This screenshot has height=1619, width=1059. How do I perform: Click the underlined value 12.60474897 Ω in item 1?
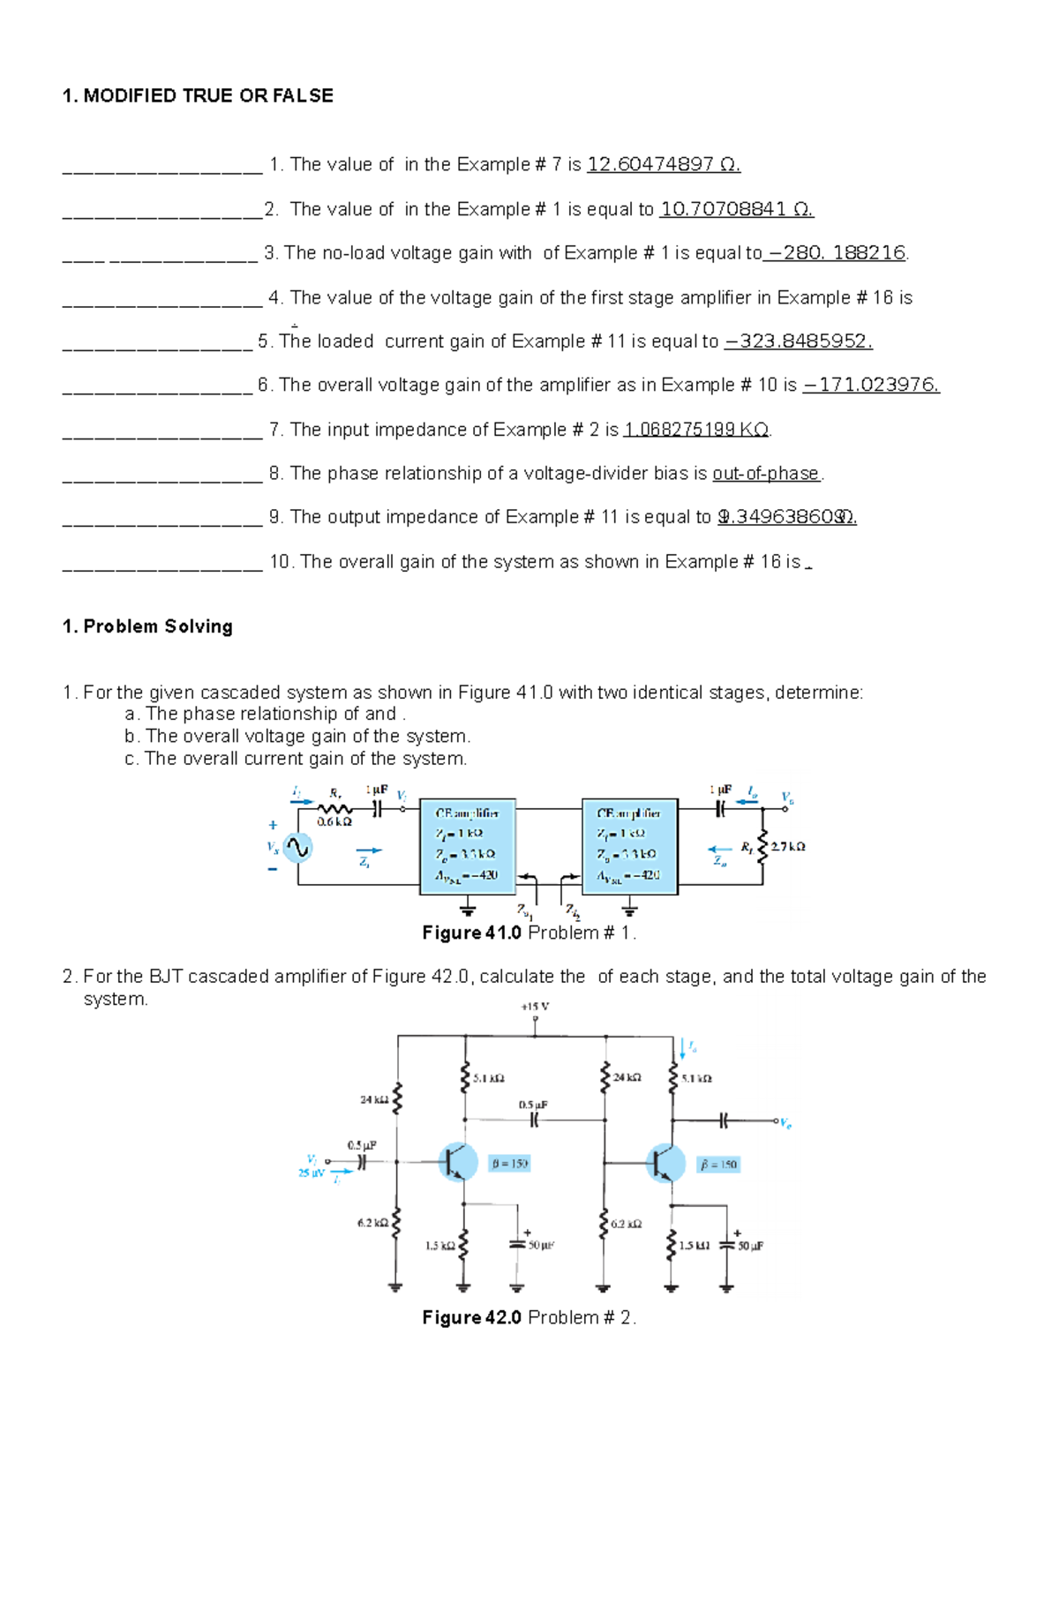click(664, 164)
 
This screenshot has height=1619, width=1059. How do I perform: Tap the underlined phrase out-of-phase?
click(766, 474)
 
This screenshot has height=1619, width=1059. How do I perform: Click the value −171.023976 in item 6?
click(871, 386)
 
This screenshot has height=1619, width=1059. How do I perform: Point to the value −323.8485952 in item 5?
click(799, 341)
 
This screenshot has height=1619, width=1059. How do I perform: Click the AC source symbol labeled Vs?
click(297, 848)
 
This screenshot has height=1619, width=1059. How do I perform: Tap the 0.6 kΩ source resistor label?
click(334, 822)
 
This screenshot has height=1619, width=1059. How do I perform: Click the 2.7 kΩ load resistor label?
click(788, 846)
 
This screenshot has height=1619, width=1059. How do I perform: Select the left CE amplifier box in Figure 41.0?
click(467, 846)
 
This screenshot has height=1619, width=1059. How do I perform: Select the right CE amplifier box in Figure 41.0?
click(629, 846)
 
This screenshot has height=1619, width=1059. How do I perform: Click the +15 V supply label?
click(535, 1006)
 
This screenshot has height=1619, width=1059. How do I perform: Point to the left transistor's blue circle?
click(458, 1162)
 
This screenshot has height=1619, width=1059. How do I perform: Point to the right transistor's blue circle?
click(665, 1163)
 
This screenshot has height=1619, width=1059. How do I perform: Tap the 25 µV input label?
click(311, 1173)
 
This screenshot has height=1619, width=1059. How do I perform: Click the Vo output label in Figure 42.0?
click(785, 1124)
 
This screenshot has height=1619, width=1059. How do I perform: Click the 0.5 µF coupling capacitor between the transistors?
click(534, 1119)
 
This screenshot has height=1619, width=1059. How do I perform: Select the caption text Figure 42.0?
click(471, 1317)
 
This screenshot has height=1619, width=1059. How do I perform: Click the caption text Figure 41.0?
click(471, 933)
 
